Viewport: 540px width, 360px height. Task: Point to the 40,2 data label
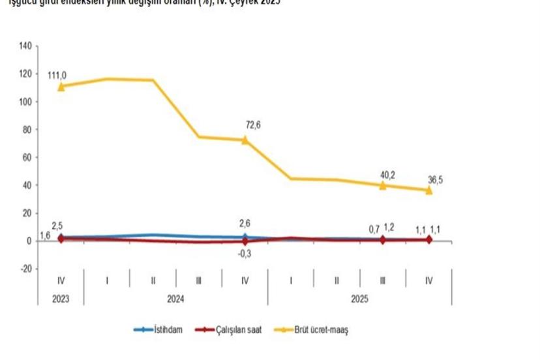pos(387,174)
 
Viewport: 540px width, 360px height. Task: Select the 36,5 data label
pos(434,180)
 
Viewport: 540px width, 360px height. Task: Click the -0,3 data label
pos(245,254)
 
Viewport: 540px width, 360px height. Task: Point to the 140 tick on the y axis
pos(25,46)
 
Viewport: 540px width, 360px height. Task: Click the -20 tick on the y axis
pos(24,269)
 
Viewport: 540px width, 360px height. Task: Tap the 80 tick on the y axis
pos(27,129)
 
